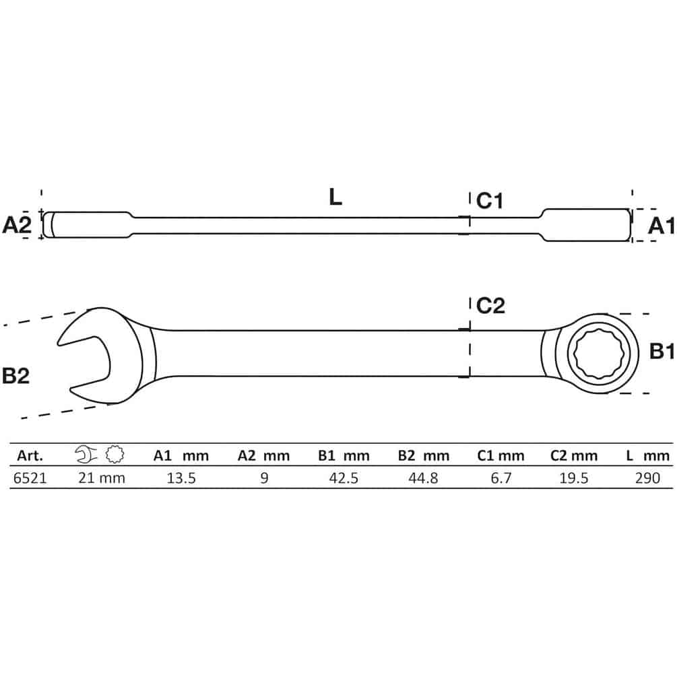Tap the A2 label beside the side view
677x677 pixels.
[x=17, y=225]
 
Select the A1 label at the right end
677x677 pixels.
[x=662, y=226]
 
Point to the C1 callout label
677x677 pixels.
[x=490, y=201]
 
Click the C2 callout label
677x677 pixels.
[x=490, y=306]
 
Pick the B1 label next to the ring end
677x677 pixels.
[x=662, y=352]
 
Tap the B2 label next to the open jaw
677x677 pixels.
[x=15, y=376]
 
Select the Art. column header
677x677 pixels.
[x=30, y=455]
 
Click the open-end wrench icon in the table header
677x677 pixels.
[x=86, y=455]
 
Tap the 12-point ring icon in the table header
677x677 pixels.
[x=115, y=454]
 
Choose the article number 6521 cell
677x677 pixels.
[x=30, y=478]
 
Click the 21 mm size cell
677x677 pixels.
[x=102, y=478]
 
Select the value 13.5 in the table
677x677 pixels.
[x=181, y=478]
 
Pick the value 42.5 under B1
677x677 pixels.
[x=344, y=478]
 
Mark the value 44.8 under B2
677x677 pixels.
[x=423, y=478]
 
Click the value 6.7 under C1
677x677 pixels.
[x=501, y=478]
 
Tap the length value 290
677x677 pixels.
[x=647, y=478]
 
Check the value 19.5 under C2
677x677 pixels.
[x=574, y=478]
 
